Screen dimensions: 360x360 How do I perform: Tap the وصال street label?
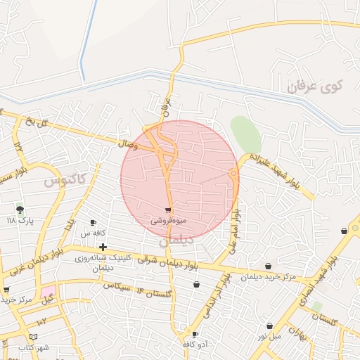click(127, 143)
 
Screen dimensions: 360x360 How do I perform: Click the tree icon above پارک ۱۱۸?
click(20, 209)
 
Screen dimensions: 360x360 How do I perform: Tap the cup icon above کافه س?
click(93, 223)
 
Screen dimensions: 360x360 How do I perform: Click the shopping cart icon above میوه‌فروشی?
click(168, 210)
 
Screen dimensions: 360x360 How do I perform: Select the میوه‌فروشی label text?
click(169, 221)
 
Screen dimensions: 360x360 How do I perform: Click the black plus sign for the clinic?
click(103, 247)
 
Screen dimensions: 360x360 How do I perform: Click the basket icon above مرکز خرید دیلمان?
click(269, 266)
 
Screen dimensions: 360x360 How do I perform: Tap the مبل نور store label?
click(270, 336)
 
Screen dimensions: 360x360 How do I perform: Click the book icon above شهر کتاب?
click(34, 337)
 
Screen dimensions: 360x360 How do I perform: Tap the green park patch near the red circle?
click(245, 133)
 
